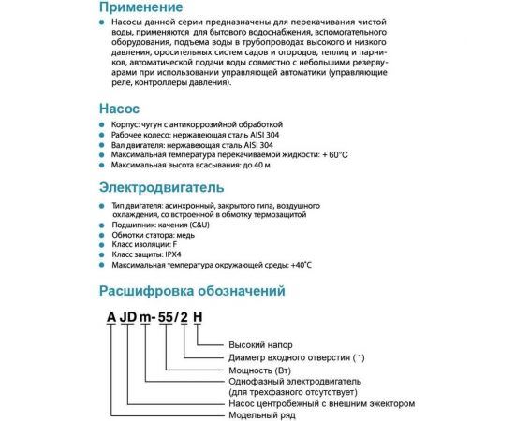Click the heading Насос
coord(122,109)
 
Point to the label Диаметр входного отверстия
coord(290,357)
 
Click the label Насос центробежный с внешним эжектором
coord(320,404)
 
